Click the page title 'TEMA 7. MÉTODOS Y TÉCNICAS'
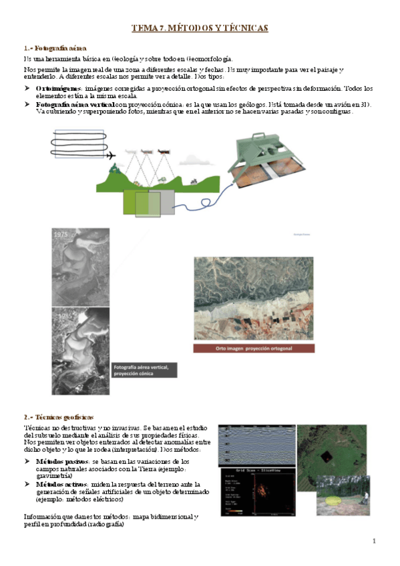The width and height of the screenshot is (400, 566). pos(200,28)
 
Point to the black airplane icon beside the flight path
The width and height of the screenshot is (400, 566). pos(112,156)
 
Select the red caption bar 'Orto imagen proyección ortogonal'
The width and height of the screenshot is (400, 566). pos(262,348)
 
